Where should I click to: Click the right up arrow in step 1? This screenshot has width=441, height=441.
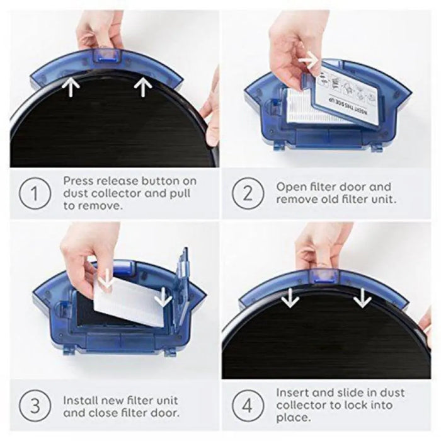tap(144, 86)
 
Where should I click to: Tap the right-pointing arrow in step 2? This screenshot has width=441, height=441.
tap(309, 60)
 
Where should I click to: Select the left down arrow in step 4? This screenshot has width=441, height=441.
tap(290, 296)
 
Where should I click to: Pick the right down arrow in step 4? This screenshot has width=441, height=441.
tap(362, 296)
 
